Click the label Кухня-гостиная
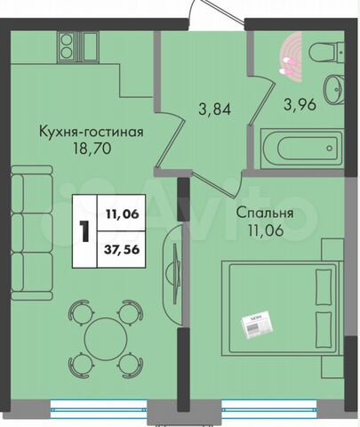(x=92, y=133)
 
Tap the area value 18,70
(x=92, y=149)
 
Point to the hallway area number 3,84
(x=215, y=109)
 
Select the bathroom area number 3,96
(x=300, y=105)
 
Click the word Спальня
(x=265, y=213)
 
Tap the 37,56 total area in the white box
(x=122, y=249)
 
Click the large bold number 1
(x=84, y=231)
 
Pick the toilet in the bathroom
(x=326, y=52)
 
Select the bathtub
(x=301, y=149)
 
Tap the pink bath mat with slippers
(x=291, y=57)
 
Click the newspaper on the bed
(x=257, y=325)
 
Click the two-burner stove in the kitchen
(x=67, y=46)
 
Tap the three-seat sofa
(x=32, y=233)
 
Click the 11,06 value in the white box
(x=123, y=213)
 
